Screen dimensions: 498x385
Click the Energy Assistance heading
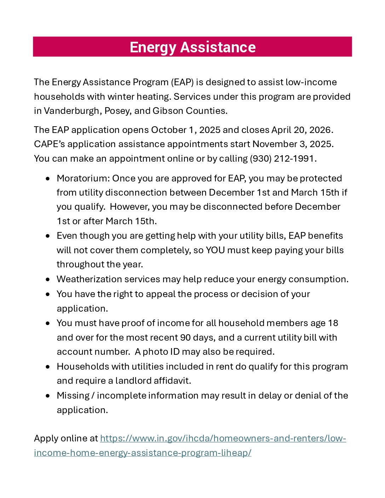click(x=192, y=47)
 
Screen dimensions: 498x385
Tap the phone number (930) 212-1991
click(x=282, y=158)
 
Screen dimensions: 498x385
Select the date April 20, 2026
click(x=302, y=130)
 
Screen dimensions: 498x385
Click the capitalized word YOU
click(x=215, y=250)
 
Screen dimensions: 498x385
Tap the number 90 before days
click(x=185, y=337)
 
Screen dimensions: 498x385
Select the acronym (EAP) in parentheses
click(x=182, y=82)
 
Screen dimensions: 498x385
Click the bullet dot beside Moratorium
click(x=48, y=179)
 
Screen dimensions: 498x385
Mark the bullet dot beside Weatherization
click(x=48, y=279)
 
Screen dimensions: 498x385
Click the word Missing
click(x=73, y=395)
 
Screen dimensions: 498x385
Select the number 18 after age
click(x=333, y=323)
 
